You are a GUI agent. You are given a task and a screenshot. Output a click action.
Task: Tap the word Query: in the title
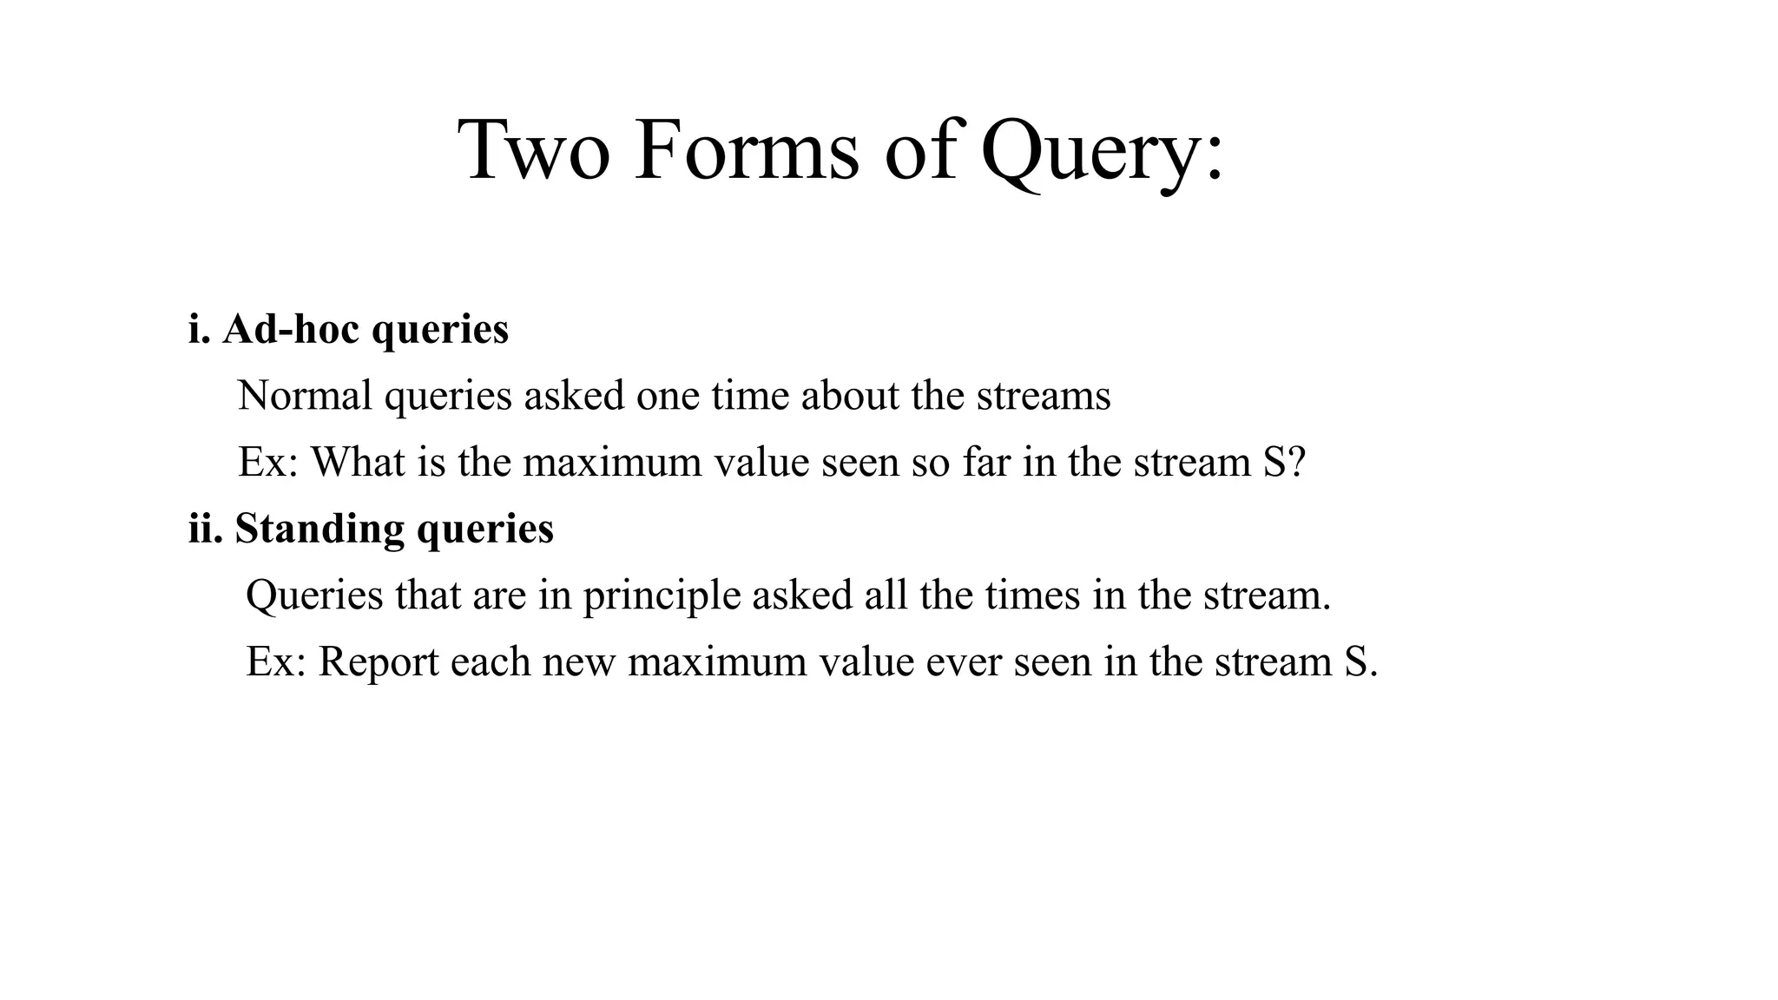1103,153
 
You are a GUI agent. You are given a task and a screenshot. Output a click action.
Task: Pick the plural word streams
1044,396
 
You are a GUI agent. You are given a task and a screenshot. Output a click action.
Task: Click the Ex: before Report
276,661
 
